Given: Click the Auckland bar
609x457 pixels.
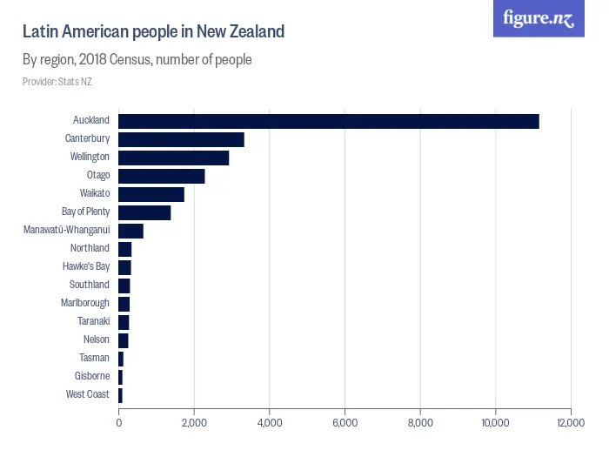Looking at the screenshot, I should pyautogui.click(x=328, y=121).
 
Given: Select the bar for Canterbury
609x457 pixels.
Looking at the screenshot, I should pyautogui.click(x=181, y=139).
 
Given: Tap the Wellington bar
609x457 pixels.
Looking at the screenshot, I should pyautogui.click(x=173, y=158).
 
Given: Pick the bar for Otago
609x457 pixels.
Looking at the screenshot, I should pyautogui.click(x=161, y=176).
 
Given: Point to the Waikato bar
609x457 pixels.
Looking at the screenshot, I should pyautogui.click(x=151, y=194).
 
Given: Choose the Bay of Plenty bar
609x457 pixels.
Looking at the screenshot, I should pyautogui.click(x=144, y=212).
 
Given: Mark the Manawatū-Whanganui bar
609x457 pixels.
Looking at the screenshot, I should pyautogui.click(x=130, y=231).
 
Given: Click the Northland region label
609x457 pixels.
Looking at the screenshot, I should pyautogui.click(x=90, y=248).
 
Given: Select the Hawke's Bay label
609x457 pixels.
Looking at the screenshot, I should pyautogui.click(x=86, y=266).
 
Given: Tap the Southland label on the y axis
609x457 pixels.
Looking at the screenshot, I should pyautogui.click(x=90, y=285).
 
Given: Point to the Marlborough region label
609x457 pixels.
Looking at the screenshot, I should pyautogui.click(x=85, y=303).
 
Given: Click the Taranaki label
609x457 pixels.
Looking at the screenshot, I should pyautogui.click(x=93, y=321).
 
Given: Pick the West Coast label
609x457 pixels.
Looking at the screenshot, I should pyautogui.click(x=88, y=394).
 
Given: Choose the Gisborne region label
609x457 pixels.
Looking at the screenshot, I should pyautogui.click(x=91, y=376).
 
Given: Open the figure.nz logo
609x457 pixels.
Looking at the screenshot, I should pyautogui.click(x=539, y=18).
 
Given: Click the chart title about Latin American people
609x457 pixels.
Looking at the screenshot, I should pyautogui.click(x=153, y=32).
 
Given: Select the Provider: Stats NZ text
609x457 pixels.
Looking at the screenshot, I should pyautogui.click(x=57, y=82).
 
